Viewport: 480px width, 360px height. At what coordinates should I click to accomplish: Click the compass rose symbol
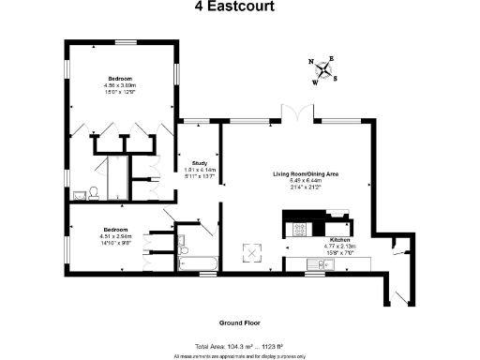[x=325, y=69]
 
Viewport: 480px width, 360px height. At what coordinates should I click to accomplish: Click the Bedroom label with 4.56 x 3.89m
[x=119, y=78]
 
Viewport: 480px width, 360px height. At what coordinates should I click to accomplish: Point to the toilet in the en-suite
[x=94, y=193]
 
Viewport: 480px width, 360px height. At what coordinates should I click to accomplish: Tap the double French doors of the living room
[x=296, y=113]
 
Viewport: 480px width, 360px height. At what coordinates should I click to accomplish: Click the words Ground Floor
[x=239, y=321]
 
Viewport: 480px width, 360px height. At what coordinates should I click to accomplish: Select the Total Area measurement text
[x=239, y=347]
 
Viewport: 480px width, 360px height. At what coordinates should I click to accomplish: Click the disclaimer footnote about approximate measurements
[x=239, y=356]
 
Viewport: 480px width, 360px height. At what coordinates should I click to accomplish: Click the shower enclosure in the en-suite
[x=119, y=176]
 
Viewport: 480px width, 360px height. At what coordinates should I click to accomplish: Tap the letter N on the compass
[x=311, y=61]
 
